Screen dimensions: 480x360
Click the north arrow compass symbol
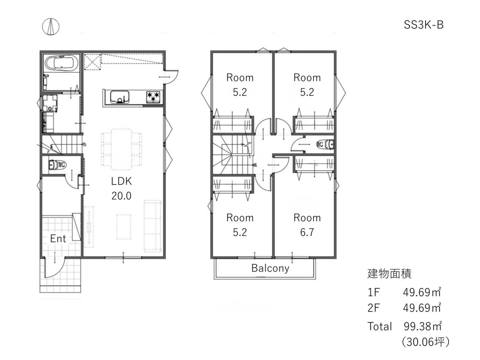(50, 27)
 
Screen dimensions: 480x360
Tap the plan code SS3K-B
(423, 25)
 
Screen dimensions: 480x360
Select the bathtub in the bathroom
(62, 63)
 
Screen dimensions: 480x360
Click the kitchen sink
(120, 97)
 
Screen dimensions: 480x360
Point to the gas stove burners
(153, 97)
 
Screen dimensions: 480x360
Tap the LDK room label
(121, 181)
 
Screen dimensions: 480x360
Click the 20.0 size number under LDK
(121, 196)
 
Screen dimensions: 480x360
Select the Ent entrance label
(58, 238)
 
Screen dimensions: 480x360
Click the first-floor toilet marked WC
(57, 165)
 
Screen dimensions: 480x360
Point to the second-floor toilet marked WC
(325, 144)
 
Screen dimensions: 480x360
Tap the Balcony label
(270, 268)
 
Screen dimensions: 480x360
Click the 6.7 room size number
(307, 232)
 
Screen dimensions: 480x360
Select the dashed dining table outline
(122, 149)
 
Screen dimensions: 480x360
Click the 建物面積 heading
(390, 274)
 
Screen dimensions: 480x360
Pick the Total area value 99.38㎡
(422, 326)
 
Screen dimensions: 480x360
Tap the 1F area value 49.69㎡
(422, 292)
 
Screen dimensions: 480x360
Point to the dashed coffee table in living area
(124, 227)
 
